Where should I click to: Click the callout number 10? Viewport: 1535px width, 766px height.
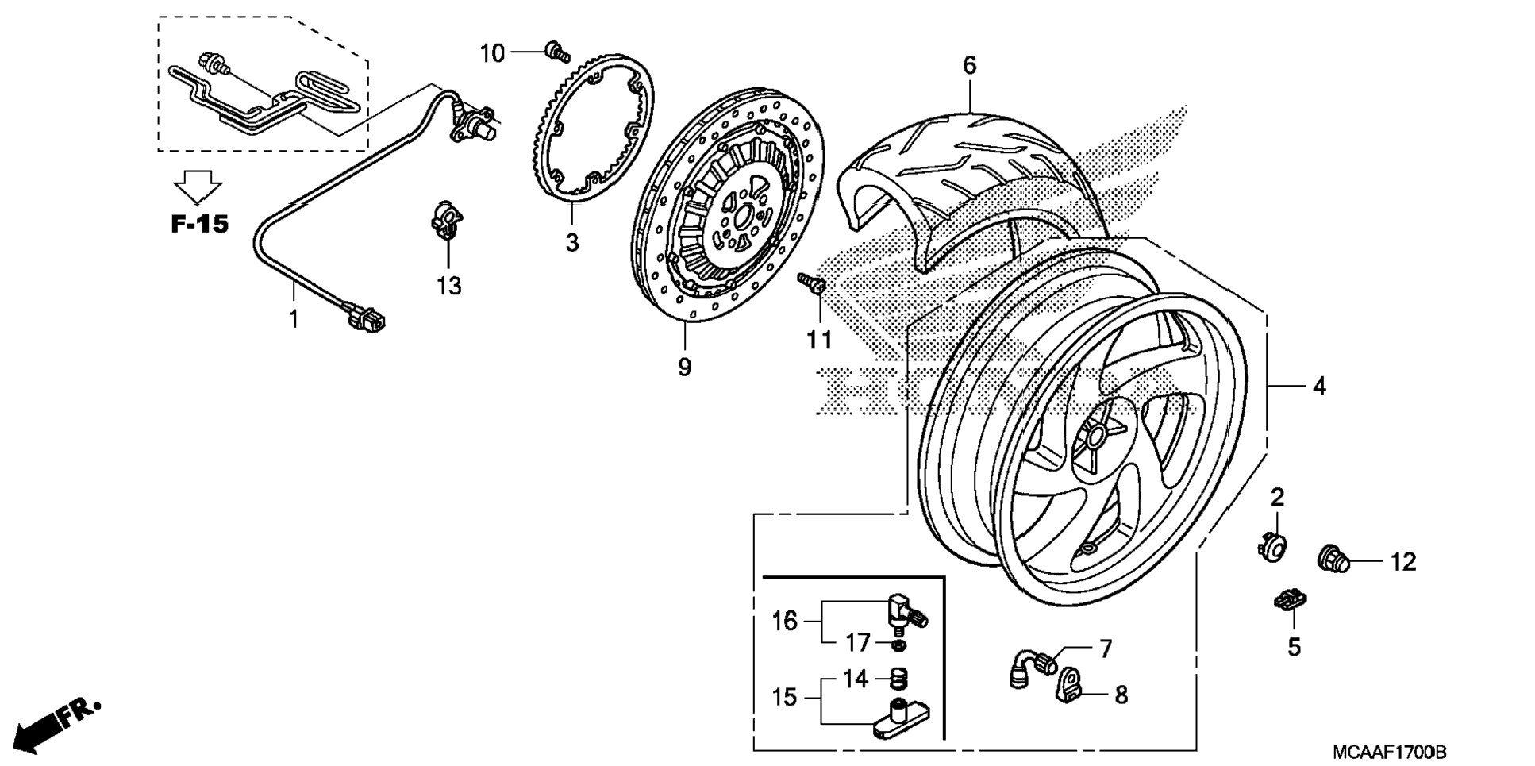pos(492,53)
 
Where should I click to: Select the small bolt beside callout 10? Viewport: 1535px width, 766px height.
pos(557,52)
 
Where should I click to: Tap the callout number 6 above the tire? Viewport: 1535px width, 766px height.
pos(969,66)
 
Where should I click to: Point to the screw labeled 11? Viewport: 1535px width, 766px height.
pos(812,283)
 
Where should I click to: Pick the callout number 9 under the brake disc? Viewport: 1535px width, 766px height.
pos(684,367)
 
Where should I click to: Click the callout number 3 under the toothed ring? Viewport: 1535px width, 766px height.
pos(572,242)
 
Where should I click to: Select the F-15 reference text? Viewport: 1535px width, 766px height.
pos(199,224)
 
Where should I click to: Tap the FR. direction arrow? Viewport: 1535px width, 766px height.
pos(56,724)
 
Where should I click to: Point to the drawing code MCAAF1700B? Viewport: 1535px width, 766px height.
pos(1389,751)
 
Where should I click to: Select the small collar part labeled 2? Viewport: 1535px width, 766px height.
pos(1271,547)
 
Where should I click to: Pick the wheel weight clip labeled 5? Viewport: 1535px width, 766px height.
pos(1291,601)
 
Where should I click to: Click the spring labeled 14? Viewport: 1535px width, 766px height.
pos(898,679)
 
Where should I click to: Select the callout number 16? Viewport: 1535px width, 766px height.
pos(784,621)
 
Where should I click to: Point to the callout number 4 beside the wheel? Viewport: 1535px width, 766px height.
pos(1318,387)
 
